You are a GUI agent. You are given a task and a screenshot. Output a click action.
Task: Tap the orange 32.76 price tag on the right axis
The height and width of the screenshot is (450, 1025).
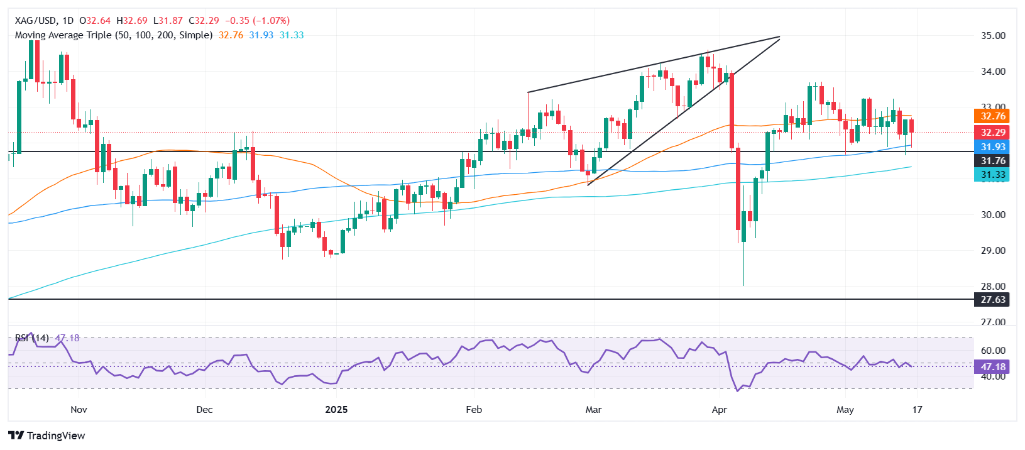[993, 116]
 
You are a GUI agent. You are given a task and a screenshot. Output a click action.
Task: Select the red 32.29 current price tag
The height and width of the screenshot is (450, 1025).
[993, 133]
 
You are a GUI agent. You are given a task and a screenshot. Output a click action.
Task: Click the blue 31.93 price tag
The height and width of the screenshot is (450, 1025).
[993, 147]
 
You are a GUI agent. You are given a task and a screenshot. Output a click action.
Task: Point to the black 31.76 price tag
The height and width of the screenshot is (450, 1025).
[993, 161]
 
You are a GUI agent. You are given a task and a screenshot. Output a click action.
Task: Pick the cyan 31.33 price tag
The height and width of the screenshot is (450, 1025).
[993, 175]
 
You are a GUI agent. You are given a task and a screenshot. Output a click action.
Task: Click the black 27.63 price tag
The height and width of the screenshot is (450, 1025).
[993, 300]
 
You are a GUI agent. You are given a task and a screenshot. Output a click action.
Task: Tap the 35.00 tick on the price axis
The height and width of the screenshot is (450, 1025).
[993, 36]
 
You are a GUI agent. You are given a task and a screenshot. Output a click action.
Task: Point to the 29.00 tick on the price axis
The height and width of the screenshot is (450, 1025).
[993, 251]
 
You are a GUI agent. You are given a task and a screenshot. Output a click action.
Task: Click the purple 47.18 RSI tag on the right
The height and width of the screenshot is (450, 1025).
[993, 367]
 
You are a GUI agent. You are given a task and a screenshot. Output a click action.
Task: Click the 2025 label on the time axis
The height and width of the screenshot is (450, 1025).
[336, 410]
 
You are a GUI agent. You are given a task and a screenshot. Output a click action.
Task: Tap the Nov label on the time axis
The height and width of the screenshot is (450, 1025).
[79, 410]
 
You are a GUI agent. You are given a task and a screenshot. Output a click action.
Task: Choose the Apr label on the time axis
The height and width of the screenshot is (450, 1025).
[719, 410]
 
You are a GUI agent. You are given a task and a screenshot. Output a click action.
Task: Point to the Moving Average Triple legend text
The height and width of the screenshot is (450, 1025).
[113, 35]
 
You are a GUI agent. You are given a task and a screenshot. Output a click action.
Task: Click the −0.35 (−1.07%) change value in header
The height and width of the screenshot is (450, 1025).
[258, 21]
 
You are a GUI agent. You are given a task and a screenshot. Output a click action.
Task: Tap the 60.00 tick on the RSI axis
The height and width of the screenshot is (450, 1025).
[993, 351]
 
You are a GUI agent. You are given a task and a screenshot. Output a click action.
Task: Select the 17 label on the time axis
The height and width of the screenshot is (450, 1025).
[918, 410]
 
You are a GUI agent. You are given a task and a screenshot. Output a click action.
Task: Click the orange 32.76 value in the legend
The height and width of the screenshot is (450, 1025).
[231, 35]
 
